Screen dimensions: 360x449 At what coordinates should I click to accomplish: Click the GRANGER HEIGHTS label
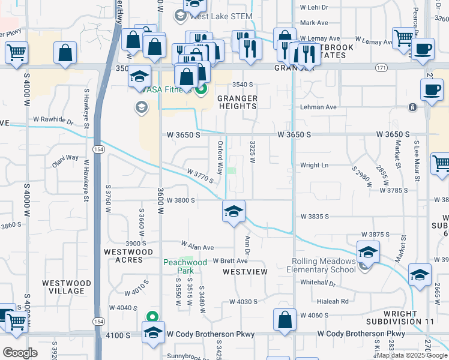pos(237,102)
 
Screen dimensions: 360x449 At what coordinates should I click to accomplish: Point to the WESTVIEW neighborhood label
pos(245,272)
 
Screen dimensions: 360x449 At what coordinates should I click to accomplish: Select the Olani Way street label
pos(65,158)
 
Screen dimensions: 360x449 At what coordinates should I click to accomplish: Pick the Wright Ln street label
pos(315,165)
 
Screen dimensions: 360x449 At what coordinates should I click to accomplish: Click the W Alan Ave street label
pos(197,246)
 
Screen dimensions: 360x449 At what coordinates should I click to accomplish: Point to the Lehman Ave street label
pos(318,107)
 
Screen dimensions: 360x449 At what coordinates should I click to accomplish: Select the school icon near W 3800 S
pos(234,211)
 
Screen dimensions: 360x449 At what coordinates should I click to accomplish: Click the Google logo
pos(20,352)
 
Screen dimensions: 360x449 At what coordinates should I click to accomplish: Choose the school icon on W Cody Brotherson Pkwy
pos(153,332)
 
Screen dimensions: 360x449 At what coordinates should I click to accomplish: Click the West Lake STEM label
pos(222,16)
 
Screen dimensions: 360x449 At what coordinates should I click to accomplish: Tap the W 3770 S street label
pos(200,176)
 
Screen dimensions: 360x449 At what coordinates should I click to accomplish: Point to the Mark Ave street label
pos(314,23)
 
